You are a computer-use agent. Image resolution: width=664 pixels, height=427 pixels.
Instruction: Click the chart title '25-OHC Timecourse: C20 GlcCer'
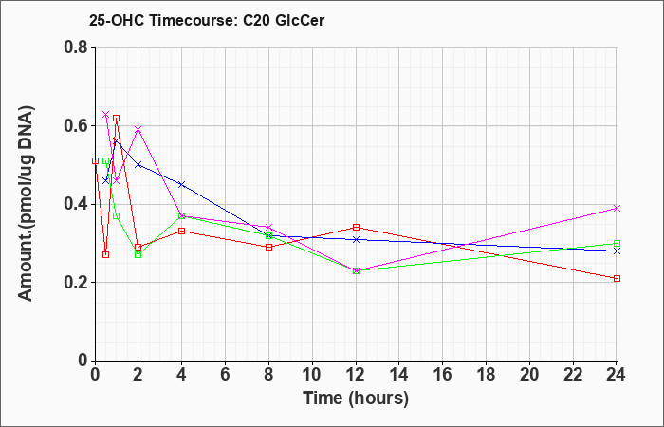point(207,20)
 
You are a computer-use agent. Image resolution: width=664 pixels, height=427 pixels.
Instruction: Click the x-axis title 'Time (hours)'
point(356,399)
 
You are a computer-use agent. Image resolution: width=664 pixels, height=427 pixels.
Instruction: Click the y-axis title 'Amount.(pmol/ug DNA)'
point(26,204)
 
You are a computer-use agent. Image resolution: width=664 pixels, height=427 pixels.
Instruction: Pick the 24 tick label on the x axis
point(617,374)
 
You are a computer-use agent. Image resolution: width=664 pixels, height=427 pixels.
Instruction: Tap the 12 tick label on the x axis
point(356,374)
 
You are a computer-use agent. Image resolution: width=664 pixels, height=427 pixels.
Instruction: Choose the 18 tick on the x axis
point(486,374)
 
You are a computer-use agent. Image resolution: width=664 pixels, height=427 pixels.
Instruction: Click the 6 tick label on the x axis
point(226,374)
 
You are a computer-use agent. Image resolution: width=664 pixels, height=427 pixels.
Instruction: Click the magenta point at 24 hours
point(617,208)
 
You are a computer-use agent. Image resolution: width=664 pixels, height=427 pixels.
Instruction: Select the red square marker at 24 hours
point(617,278)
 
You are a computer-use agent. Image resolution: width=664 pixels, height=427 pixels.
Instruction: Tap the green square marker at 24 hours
point(617,244)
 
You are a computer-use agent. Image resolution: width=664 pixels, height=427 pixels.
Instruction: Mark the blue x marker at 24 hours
point(617,251)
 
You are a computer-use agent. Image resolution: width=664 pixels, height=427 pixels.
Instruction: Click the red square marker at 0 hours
point(95,161)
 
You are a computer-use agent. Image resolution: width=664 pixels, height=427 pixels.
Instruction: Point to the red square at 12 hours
point(356,228)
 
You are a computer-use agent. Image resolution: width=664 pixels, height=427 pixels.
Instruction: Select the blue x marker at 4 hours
point(182,184)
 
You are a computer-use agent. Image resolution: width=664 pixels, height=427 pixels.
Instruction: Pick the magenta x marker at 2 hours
point(138,129)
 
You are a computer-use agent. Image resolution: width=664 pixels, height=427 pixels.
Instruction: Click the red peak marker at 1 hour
point(116,119)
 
